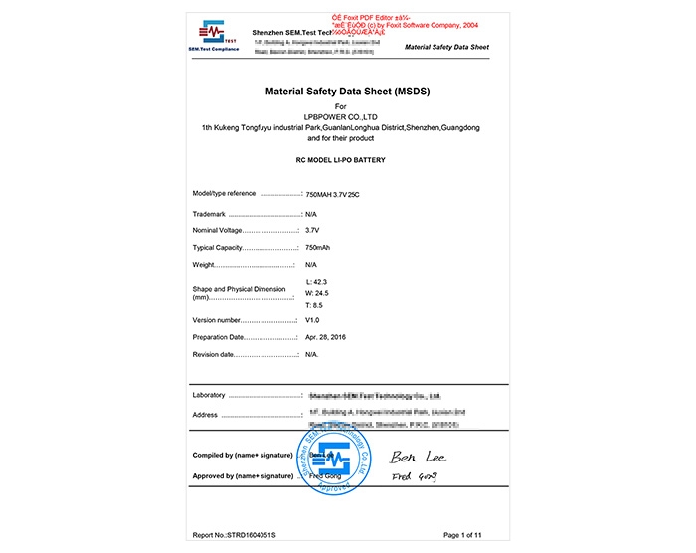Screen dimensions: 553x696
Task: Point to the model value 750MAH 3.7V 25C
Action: tap(333, 194)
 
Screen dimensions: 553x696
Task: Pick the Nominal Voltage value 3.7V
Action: tap(312, 230)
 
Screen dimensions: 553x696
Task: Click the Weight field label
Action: tap(205, 264)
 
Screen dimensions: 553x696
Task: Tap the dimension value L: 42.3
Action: tap(318, 283)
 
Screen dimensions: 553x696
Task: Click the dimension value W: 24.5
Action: tap(318, 294)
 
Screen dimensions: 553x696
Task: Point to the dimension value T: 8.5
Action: tap(316, 305)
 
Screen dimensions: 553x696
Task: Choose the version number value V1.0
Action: tap(312, 321)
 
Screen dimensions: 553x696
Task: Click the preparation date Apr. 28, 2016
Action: tap(326, 338)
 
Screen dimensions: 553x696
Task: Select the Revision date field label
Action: tap(213, 354)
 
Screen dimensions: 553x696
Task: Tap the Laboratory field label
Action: tap(209, 395)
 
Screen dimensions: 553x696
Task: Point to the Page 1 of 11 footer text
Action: tap(468, 535)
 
